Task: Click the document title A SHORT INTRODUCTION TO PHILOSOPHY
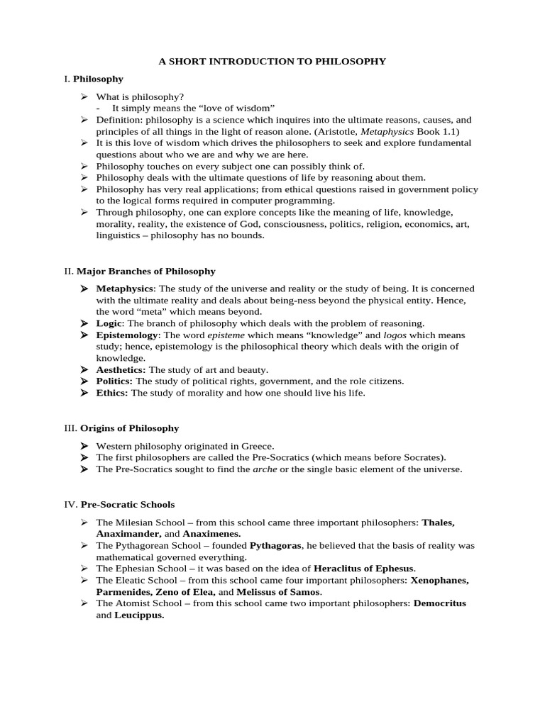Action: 272,62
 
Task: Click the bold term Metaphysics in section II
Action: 124,289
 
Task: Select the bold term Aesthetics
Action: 121,369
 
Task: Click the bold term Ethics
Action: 112,393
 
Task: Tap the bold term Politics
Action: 114,381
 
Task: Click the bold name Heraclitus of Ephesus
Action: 364,569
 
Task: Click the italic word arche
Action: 265,469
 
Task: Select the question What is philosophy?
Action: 140,97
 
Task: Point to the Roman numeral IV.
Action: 70,505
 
